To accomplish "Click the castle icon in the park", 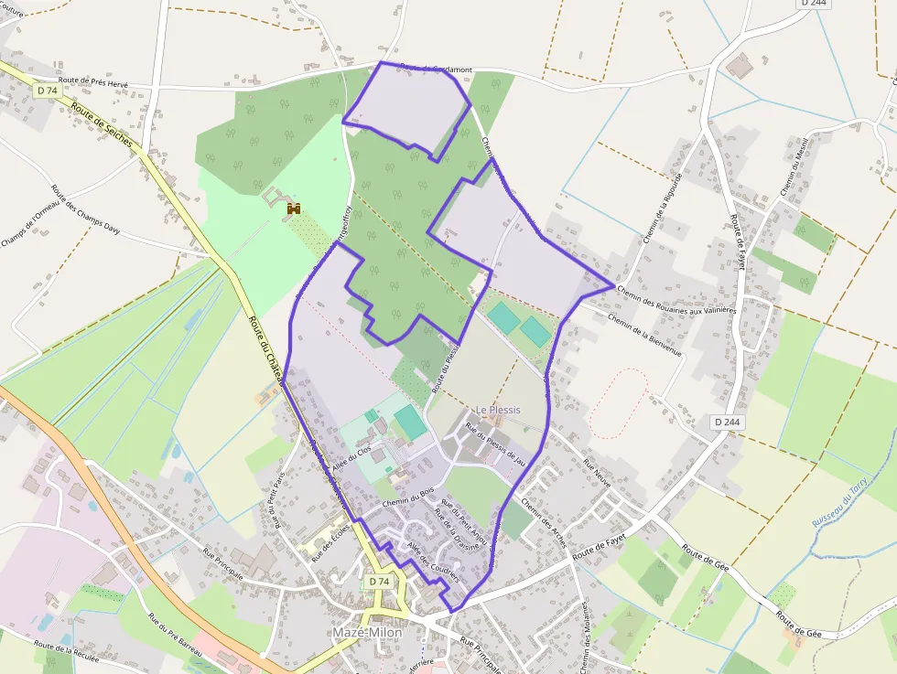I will [x=294, y=209].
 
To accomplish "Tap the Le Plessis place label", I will [x=498, y=410].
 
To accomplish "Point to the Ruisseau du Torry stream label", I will [x=838, y=507].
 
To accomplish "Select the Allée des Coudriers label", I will [x=432, y=561].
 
